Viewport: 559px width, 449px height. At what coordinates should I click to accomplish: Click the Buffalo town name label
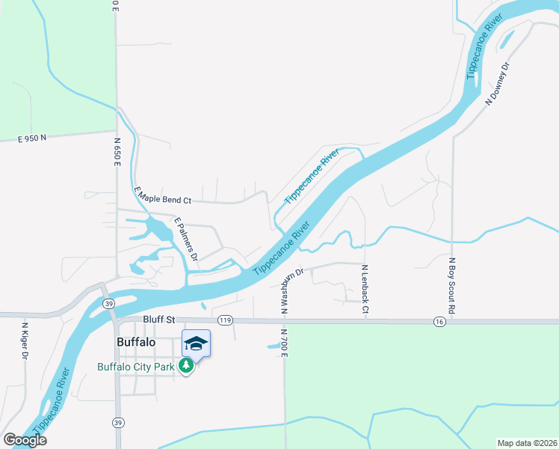136,342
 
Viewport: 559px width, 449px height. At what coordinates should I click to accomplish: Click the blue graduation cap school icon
196,343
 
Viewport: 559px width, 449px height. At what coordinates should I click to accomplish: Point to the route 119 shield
225,320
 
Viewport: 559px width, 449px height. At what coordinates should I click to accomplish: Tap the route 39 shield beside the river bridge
109,303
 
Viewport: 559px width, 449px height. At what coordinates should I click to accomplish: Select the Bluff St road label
158,320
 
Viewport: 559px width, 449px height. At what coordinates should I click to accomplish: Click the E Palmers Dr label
185,239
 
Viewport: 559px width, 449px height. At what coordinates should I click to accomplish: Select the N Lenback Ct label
365,288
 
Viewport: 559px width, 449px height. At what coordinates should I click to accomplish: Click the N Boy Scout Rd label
451,285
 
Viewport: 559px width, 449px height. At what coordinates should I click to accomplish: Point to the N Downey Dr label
498,83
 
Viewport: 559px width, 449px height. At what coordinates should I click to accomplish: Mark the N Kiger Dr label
24,340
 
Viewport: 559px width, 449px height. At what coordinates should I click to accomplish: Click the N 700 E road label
284,342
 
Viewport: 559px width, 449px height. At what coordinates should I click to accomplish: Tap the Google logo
24,440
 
